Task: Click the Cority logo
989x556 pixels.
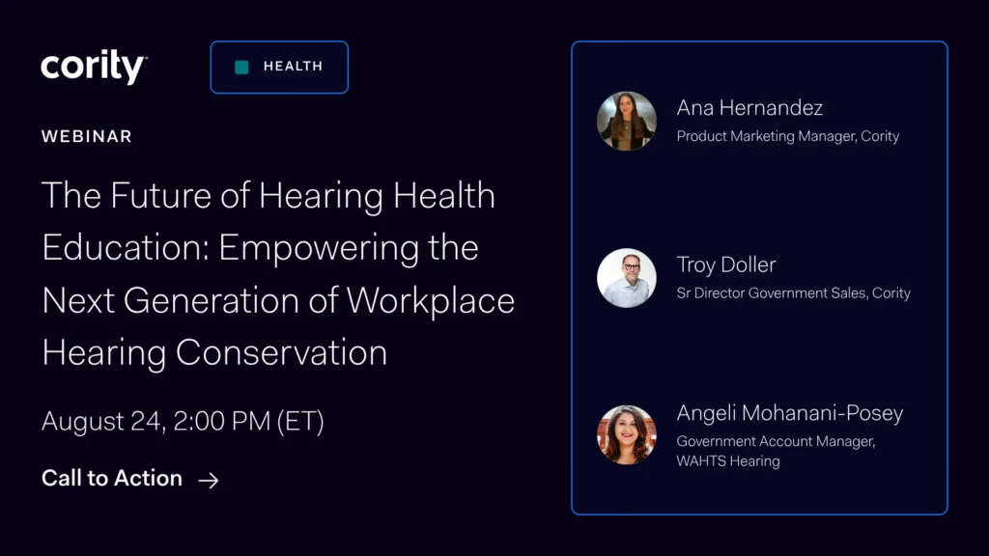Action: [x=94, y=67]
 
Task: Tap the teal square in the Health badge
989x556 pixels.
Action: [x=241, y=67]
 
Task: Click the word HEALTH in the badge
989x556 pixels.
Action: [x=294, y=67]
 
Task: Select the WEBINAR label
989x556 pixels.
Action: [x=86, y=136]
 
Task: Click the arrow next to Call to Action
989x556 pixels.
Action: [x=209, y=481]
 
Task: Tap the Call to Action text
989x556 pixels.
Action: [x=112, y=478]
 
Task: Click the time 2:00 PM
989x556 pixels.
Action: [x=222, y=421]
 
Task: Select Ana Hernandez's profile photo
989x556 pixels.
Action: [x=626, y=121]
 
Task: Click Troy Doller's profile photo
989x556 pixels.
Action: [x=626, y=278]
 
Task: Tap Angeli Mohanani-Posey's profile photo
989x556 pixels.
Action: [x=626, y=435]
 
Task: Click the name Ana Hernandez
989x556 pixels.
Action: [x=749, y=108]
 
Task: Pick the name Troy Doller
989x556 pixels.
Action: [x=726, y=264]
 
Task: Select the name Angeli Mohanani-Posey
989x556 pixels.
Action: [x=790, y=413]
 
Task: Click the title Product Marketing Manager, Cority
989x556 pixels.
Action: [x=788, y=136]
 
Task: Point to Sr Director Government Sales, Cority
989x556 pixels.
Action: [x=794, y=293]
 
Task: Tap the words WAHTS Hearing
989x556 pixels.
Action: [x=728, y=460]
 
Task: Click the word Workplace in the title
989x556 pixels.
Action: [x=431, y=300]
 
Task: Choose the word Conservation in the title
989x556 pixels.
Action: [x=281, y=351]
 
